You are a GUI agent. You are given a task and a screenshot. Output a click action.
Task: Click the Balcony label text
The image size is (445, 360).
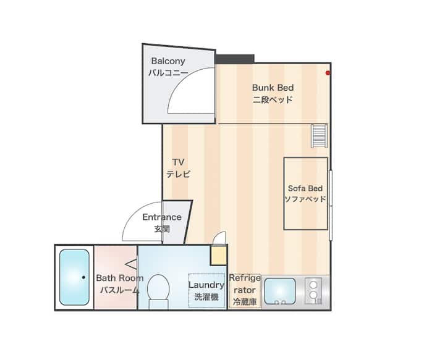168,61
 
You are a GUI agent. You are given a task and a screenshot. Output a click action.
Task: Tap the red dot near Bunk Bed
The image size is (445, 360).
328,73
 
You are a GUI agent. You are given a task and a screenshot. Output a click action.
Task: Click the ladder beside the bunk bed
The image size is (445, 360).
319,136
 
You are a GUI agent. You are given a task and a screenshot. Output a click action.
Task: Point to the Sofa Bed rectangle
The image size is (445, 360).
306,194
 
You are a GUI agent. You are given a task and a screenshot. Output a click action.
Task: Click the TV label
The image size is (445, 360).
178,162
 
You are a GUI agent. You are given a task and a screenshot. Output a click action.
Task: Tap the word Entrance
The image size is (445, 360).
162,217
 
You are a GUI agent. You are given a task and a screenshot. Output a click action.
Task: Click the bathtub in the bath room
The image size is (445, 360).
74,277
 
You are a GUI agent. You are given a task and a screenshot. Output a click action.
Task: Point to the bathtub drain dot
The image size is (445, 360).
83,277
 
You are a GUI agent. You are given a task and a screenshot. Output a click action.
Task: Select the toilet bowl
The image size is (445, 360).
158,291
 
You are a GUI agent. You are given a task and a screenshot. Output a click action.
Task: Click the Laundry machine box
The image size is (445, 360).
207,291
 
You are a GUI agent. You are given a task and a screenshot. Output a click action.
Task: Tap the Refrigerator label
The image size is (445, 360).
245,290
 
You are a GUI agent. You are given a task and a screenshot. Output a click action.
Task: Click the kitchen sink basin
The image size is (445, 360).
279,291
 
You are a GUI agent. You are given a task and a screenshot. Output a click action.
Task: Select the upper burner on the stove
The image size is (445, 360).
313,284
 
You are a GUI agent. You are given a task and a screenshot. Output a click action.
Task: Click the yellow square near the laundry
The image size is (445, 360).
219,255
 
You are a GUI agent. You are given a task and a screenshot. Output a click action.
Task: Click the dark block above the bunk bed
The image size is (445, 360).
234,59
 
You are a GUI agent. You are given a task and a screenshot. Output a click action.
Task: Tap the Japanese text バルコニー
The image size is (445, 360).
168,73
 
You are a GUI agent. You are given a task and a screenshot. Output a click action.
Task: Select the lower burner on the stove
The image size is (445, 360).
313,295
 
